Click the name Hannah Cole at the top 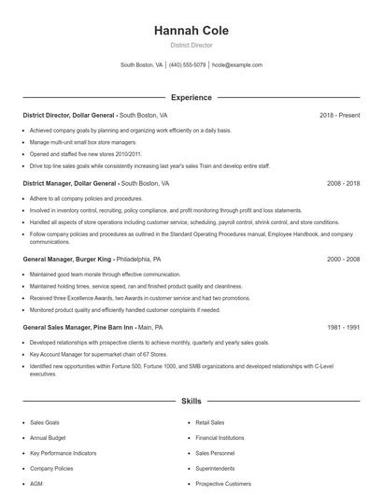(191, 31)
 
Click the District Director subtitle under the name (191, 45)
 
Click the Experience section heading (191, 97)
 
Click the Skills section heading (191, 401)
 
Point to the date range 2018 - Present (339, 115)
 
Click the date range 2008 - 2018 (343, 184)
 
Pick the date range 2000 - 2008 (343, 258)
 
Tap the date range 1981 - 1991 (343, 328)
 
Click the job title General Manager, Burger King (67, 258)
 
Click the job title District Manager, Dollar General (70, 184)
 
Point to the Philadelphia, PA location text (138, 258)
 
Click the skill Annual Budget (47, 437)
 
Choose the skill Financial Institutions (220, 437)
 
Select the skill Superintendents (215, 468)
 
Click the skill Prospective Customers (223, 484)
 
